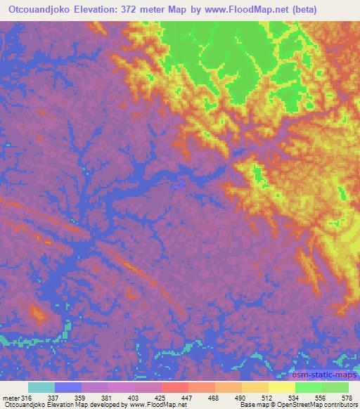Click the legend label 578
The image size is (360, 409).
point(348,398)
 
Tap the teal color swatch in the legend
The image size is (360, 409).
point(41,387)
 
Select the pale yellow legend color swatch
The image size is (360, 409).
point(281,387)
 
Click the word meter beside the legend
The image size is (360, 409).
point(11,398)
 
